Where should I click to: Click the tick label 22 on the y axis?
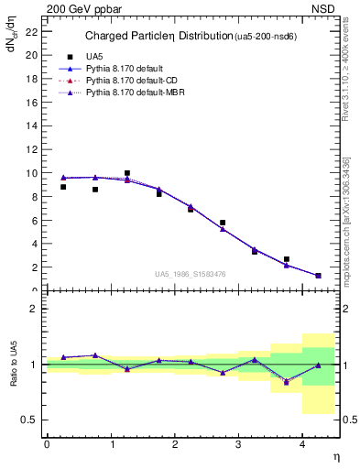(31, 31)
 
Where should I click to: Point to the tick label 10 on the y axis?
(31, 173)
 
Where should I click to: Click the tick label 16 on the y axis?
(31, 102)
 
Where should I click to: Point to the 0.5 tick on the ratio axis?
(28, 420)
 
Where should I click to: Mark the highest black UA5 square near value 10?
(127, 173)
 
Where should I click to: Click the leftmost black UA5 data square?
(63, 187)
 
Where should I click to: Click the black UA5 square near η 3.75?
(287, 259)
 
